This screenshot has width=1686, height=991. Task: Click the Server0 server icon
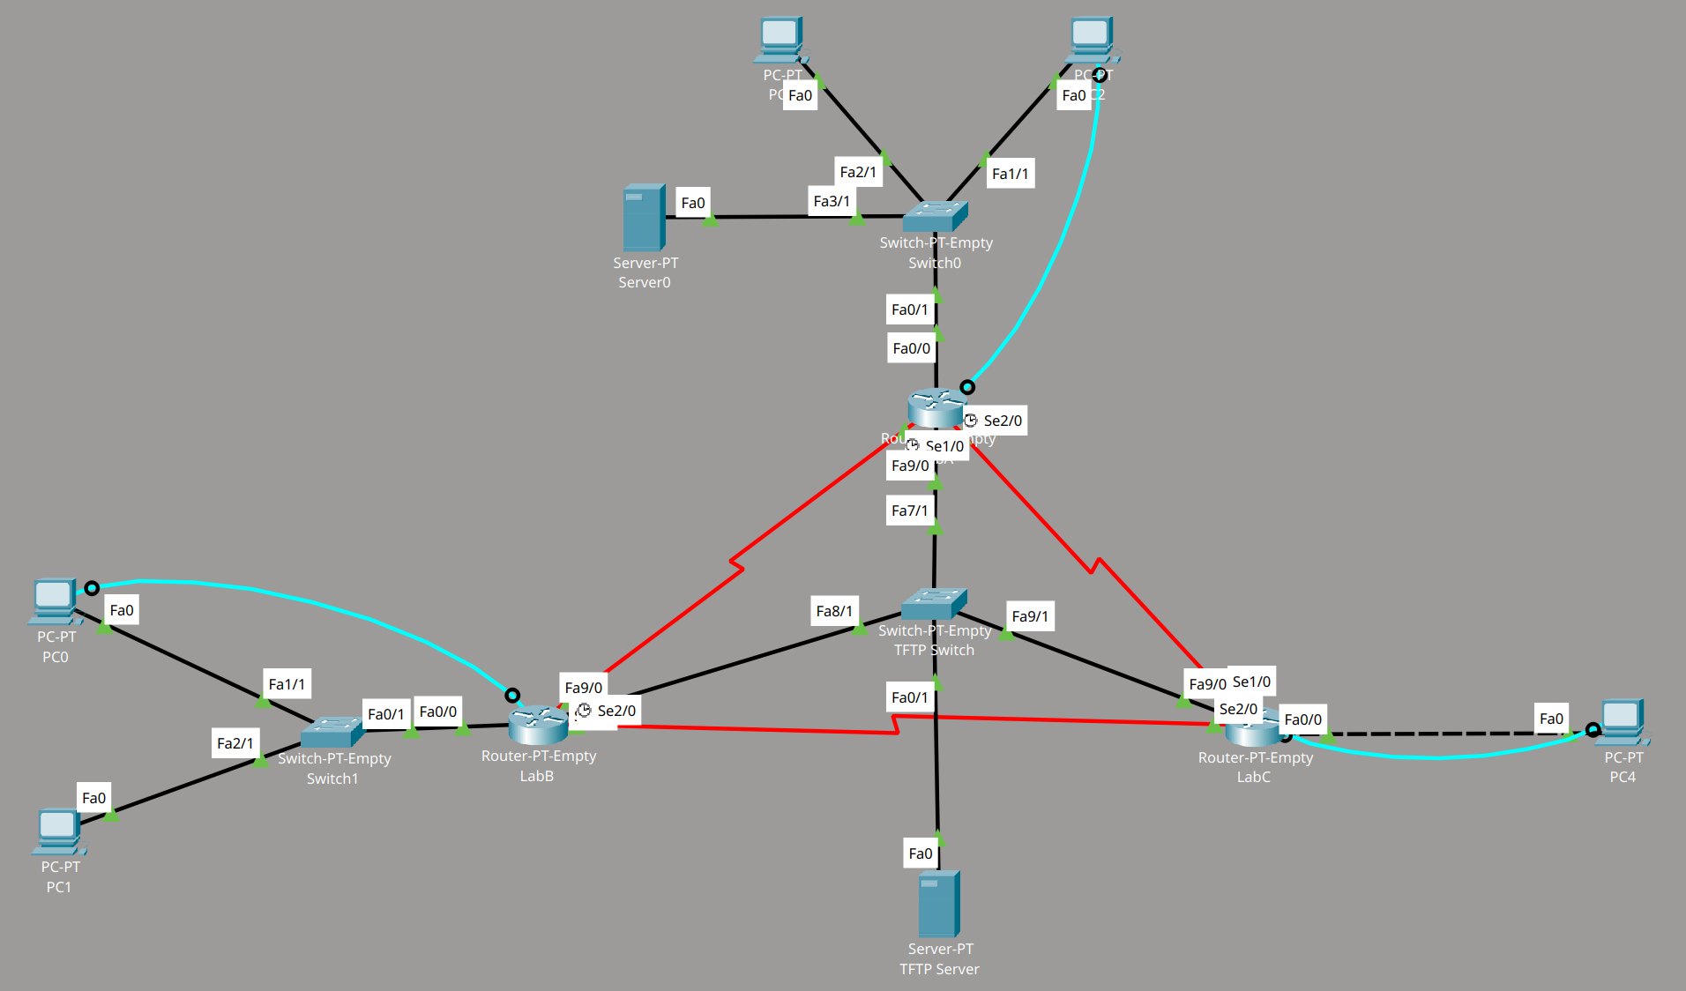pos(644,217)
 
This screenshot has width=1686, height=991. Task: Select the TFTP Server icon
pos(938,904)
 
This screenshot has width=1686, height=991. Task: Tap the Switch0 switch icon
pos(935,216)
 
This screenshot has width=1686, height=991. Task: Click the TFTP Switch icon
pos(934,604)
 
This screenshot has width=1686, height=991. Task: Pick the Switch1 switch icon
pos(332,732)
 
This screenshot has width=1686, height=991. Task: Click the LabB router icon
pos(538,725)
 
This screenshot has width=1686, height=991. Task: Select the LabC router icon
pos(1253,726)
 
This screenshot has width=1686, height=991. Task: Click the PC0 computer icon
pos(54,600)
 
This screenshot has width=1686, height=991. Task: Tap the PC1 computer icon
pos(59,831)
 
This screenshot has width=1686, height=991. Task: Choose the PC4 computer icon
pos(1622,722)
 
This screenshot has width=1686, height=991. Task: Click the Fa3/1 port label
pos(832,201)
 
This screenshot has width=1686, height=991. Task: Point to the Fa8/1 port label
pos(834,611)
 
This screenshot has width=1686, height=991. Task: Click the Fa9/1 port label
pos(1030,616)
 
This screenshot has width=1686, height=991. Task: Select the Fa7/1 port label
pos(909,510)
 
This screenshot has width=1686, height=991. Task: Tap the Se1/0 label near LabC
pos(1251,682)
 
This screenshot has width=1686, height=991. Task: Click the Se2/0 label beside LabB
pos(615,711)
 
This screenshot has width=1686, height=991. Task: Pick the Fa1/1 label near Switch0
pos(1010,174)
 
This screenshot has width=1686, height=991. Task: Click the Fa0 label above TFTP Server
pos(920,853)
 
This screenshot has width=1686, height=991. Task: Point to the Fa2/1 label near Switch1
pos(235,743)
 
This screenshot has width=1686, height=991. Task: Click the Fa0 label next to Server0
pos(693,203)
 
